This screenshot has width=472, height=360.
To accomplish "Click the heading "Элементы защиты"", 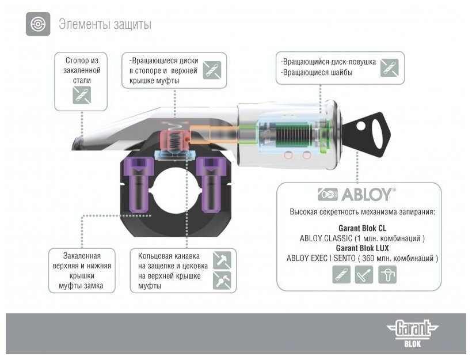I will pyautogui.click(x=105, y=25).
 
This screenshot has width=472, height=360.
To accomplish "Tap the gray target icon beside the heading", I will pyautogui.click(x=37, y=25).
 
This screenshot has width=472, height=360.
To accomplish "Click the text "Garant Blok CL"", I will pyautogui.click(x=363, y=228).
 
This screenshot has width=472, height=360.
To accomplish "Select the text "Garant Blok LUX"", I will pyautogui.click(x=363, y=248).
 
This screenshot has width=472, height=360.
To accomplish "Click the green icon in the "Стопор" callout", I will pyautogui.click(x=82, y=96).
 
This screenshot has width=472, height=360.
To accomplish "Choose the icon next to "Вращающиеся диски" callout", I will pyautogui.click(x=212, y=70).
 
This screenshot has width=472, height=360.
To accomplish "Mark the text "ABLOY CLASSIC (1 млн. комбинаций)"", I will pyautogui.click(x=363, y=238).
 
